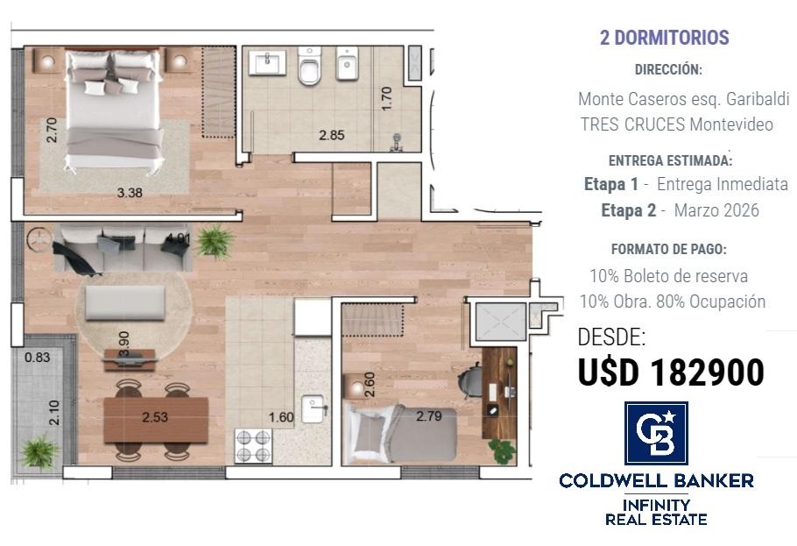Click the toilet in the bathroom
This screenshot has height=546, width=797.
[x=309, y=65]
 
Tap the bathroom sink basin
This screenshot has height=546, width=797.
[x=267, y=62]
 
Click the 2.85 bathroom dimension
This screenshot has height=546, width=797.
[x=331, y=135]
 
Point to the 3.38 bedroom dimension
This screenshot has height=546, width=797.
[x=130, y=193]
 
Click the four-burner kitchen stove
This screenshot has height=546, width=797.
[x=252, y=446]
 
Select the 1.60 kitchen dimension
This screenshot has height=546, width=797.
[x=281, y=417]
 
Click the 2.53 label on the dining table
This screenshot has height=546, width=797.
[x=155, y=417]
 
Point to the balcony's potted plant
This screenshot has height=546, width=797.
[x=39, y=450]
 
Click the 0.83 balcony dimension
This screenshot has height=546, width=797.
[x=37, y=358]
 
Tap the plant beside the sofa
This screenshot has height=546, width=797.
[x=215, y=241]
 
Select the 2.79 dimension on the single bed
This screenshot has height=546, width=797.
[x=429, y=416]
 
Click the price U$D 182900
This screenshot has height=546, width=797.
[x=671, y=372]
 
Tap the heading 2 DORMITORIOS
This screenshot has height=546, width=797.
[x=665, y=37]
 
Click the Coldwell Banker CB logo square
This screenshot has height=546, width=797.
[x=656, y=433]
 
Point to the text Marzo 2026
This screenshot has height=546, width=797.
[x=716, y=210]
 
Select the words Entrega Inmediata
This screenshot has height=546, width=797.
[x=723, y=184]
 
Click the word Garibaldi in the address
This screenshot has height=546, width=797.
[x=758, y=99]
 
